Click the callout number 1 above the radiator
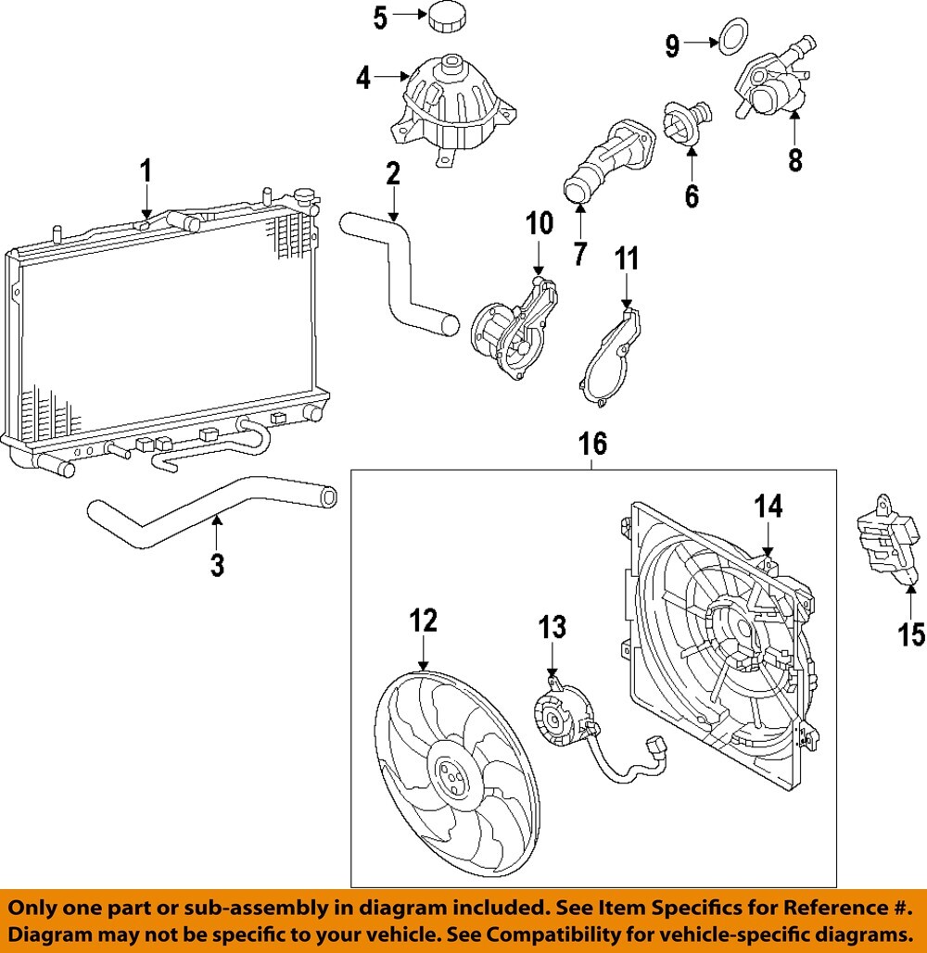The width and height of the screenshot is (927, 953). [x=145, y=172]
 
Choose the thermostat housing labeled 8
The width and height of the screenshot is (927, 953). [x=769, y=85]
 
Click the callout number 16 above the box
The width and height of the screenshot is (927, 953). [x=593, y=445]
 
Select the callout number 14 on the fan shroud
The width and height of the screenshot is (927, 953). [x=768, y=507]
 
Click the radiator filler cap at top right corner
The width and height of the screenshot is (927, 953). [x=305, y=196]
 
